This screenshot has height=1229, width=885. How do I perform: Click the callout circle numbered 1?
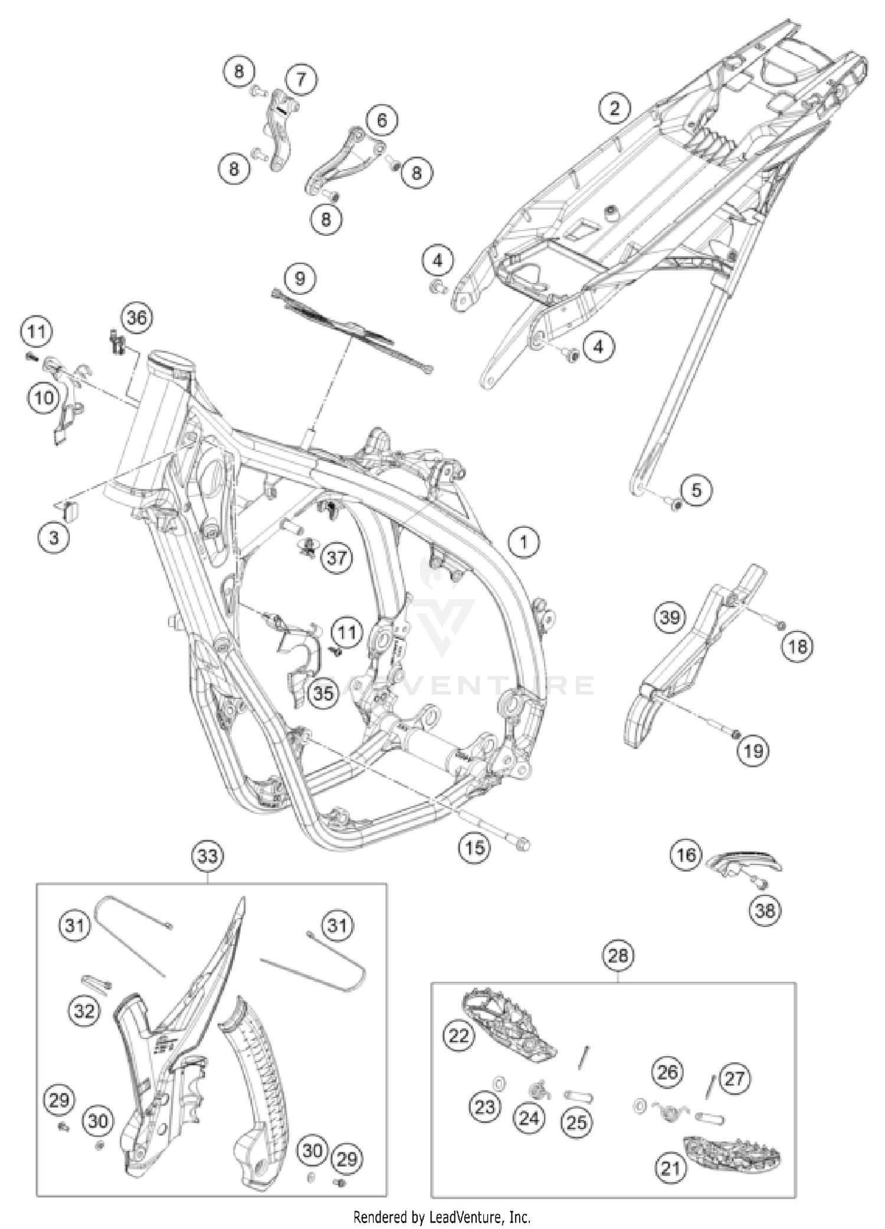523,541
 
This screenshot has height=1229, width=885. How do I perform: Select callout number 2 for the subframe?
615,107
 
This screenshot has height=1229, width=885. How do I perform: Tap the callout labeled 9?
300,278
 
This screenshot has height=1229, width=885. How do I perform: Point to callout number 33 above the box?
208,855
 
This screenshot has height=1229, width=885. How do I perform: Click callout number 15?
474,847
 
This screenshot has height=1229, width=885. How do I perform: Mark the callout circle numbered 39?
670,618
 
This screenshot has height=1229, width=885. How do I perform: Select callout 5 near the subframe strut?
696,490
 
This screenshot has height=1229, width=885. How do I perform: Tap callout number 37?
336,557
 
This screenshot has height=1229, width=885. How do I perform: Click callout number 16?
686,855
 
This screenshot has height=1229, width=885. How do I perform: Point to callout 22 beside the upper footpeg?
458,1036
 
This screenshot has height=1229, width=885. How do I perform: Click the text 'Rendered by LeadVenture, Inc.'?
442,1217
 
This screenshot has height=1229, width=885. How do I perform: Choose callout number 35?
323,693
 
